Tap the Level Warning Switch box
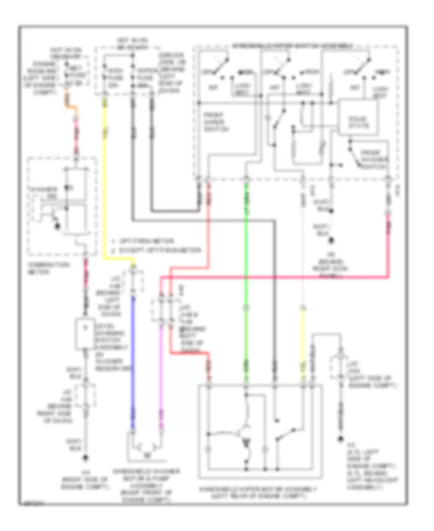pos(86,333)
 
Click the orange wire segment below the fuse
pos(71,109)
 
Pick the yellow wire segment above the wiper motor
pos(303,348)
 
